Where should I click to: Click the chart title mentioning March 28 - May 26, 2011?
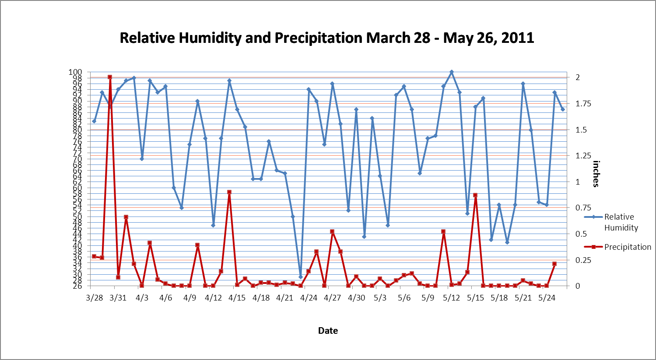pyautogui.click(x=327, y=38)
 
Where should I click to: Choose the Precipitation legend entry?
pyautogui.click(x=627, y=247)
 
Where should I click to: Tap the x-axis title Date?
pyautogui.click(x=328, y=331)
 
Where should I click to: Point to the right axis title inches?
pyautogui.click(x=596, y=174)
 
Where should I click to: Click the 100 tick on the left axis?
pyautogui.click(x=75, y=72)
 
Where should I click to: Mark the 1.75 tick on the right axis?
pyautogui.click(x=583, y=104)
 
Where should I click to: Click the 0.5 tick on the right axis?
pyautogui.click(x=580, y=234)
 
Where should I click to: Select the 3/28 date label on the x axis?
pyautogui.click(x=94, y=298)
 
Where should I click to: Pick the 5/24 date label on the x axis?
pyautogui.click(x=547, y=298)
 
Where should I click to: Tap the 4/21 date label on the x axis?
pyautogui.click(x=285, y=298)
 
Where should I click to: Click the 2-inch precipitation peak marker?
pyautogui.click(x=110, y=77)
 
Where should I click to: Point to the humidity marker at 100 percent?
pyautogui.click(x=452, y=72)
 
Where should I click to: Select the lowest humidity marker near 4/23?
pyautogui.click(x=301, y=277)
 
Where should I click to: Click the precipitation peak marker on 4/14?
pyautogui.click(x=229, y=192)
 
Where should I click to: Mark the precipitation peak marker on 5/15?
pyautogui.click(x=475, y=195)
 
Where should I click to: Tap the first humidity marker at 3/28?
pyautogui.click(x=94, y=121)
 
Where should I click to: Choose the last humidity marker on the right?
pyautogui.click(x=563, y=109)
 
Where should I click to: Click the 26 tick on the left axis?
pyautogui.click(x=77, y=286)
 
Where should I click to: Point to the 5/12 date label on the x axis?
pyautogui.click(x=451, y=298)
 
